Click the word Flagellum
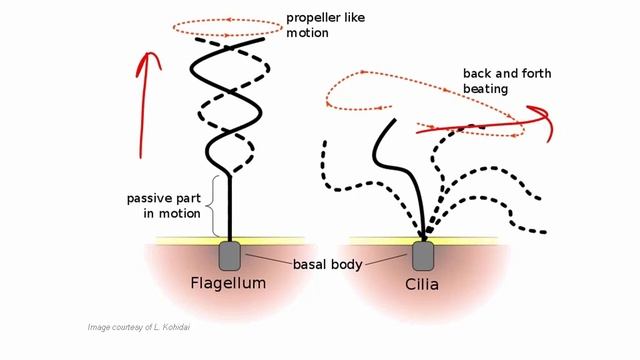(228, 283)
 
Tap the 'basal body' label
(327, 265)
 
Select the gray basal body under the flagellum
(231, 255)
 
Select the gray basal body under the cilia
(424, 255)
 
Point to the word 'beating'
(485, 88)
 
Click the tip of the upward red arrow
(148, 52)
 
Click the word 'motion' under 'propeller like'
(306, 33)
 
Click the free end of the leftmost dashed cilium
(322, 143)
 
